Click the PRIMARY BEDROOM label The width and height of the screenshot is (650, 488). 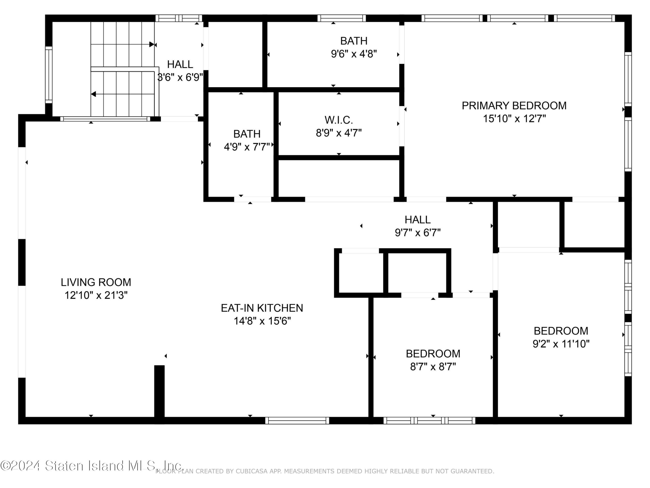click(514, 105)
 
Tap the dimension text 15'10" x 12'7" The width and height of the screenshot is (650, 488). click(514, 118)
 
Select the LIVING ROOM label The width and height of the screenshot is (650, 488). click(96, 282)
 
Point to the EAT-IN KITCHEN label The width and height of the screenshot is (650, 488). click(262, 308)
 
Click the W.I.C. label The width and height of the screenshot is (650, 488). click(338, 120)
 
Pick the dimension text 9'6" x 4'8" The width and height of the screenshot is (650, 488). click(354, 54)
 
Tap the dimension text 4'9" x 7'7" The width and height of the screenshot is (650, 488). click(247, 147)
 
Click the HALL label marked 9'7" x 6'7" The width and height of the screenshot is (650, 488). click(418, 219)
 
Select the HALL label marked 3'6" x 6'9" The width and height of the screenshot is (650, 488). click(180, 64)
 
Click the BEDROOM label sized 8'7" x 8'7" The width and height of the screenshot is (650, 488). click(433, 353)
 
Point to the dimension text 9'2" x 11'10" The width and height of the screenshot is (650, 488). click(561, 344)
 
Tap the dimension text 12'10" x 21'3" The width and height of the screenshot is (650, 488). click(96, 295)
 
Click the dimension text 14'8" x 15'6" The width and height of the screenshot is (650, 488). click(262, 321)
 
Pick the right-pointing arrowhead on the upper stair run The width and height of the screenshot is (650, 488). click(152, 44)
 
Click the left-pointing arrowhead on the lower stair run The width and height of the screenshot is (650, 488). click(93, 94)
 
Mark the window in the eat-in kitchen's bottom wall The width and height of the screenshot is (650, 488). click(297, 420)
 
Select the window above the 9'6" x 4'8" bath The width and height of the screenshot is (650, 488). click(342, 18)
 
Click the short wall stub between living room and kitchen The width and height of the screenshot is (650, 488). click(159, 391)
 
